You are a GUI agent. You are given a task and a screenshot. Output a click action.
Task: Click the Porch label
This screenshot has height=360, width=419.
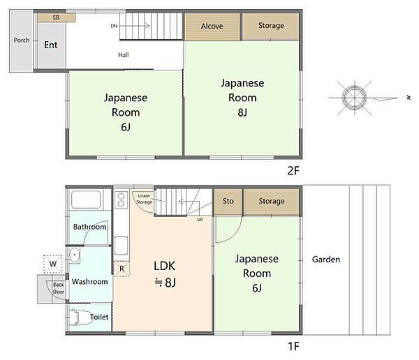[22, 40]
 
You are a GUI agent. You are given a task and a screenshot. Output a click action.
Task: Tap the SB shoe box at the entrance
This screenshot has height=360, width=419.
[57, 17]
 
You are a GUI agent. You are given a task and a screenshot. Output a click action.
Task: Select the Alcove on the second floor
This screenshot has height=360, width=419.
[212, 27]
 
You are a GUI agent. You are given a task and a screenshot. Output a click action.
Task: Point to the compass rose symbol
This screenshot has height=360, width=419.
[354, 98]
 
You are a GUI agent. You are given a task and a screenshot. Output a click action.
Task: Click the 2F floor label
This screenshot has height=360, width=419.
[293, 171]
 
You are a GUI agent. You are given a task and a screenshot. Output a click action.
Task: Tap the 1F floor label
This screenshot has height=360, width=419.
[293, 346]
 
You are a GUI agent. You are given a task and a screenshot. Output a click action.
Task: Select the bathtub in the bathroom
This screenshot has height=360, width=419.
[86, 200]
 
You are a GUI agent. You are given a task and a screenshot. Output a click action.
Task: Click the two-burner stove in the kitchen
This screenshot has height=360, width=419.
[121, 200]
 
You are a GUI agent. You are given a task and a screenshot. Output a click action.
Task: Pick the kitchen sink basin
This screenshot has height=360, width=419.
[121, 246]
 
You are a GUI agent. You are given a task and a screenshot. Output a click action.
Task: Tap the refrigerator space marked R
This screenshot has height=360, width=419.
[122, 269]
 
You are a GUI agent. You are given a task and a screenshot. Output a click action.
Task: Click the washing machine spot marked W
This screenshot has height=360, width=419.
[53, 264]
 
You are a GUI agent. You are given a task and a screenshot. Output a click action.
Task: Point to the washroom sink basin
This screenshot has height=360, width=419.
[75, 255]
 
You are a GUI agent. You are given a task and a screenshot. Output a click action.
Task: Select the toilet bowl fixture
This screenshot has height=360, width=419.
[79, 317]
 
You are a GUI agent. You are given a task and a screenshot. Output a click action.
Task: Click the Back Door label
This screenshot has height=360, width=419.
[59, 288]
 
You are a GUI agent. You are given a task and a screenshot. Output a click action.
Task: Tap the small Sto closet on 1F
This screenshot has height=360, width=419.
[228, 202]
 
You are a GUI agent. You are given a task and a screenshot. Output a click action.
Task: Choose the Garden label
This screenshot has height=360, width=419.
[326, 260]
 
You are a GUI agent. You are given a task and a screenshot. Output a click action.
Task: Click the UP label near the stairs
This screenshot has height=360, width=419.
[200, 220]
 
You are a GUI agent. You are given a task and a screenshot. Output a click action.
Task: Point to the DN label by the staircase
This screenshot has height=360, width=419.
[114, 26]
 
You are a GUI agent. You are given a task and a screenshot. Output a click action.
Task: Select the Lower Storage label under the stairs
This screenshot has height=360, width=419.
[145, 200]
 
